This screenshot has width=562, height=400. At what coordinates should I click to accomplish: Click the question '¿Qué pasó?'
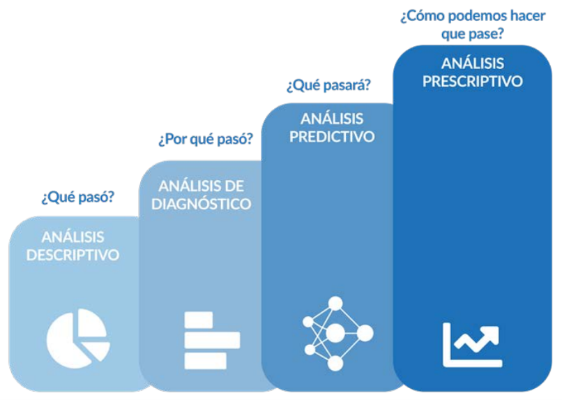tap(78, 197)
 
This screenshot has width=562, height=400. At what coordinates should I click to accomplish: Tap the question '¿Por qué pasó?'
tap(206, 139)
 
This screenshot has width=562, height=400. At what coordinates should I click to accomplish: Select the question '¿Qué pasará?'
tap(328, 85)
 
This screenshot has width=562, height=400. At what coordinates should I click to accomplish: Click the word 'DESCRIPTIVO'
tap(73, 255)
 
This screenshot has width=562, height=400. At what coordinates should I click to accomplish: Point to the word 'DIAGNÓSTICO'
tap(201, 204)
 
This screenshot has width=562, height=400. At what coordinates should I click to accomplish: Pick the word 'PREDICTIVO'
tap(332, 137)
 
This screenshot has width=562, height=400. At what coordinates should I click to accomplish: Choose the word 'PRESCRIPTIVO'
tap(472, 81)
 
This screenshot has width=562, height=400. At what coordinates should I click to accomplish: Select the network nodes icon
tap(337, 334)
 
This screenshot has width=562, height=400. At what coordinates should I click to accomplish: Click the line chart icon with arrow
tap(471, 345)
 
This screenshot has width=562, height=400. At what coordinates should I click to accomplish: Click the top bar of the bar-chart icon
tap(198, 320)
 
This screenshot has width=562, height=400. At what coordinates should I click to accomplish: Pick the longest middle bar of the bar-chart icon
tap(212, 340)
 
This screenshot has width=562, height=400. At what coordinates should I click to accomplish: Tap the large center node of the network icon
tap(335, 333)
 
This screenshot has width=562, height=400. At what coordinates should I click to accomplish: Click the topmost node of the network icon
tap(335, 304)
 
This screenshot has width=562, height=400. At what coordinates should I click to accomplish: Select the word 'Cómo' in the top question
tap(423, 16)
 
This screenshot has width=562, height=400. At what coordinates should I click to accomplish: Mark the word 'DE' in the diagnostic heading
tap(234, 186)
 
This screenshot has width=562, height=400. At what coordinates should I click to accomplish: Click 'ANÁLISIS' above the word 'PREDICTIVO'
tap(332, 119)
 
